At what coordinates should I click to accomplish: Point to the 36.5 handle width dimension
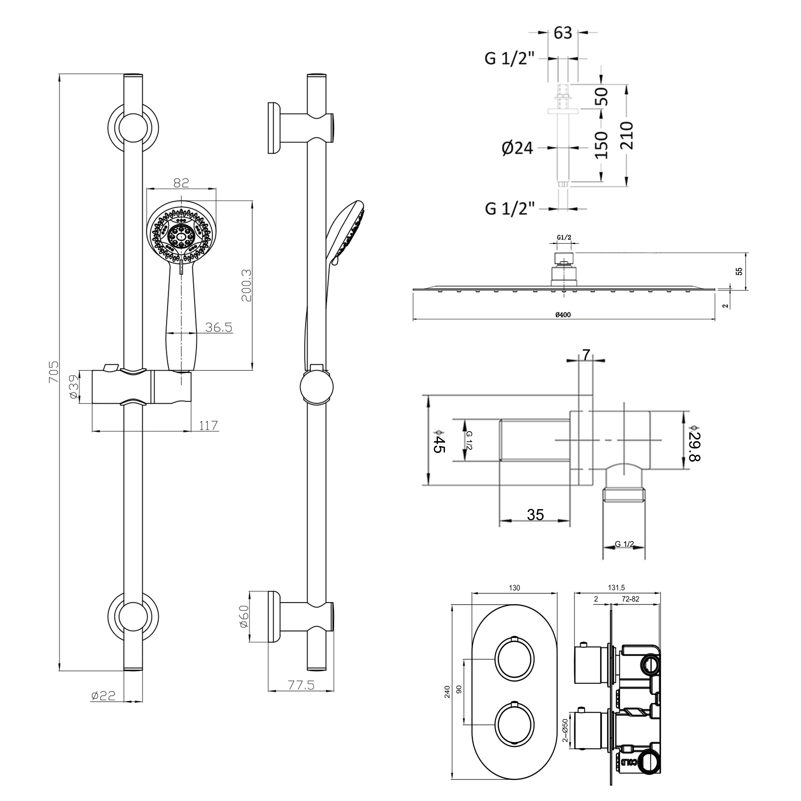(219, 328)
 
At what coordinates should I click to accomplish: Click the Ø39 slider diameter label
(73, 387)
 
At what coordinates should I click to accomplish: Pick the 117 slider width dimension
(208, 425)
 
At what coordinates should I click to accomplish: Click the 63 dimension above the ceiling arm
(563, 33)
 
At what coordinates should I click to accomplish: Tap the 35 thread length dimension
(535, 515)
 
